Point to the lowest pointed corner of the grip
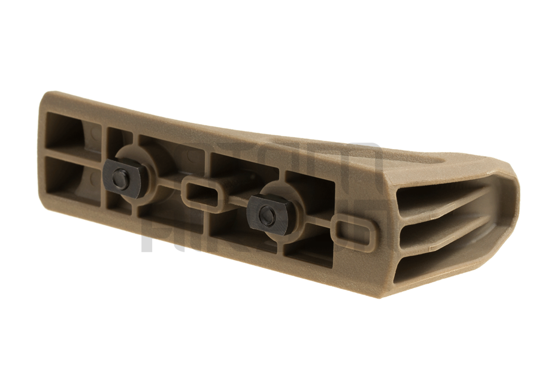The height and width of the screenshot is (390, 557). point(379,295)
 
